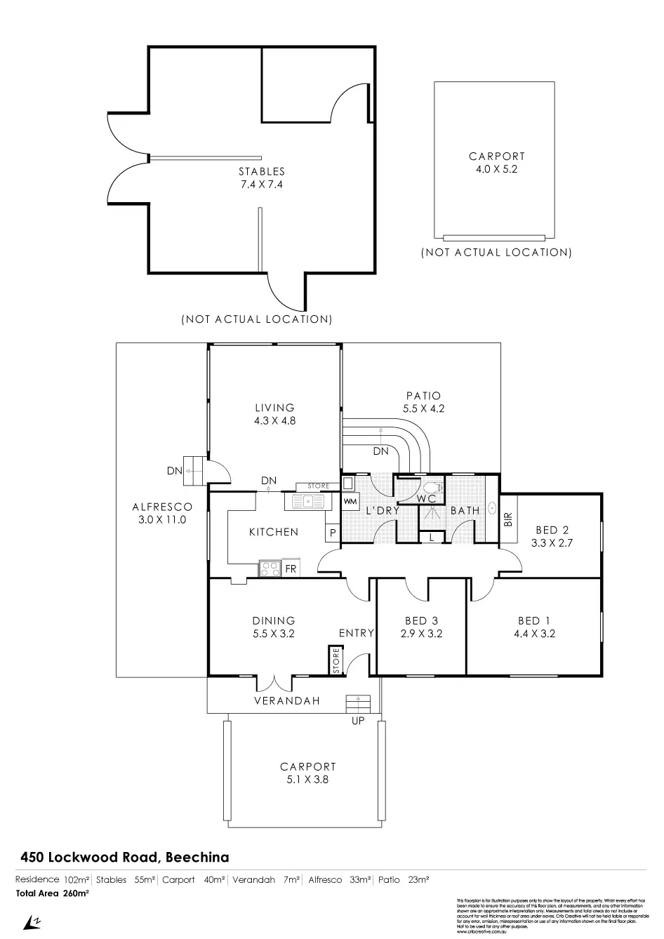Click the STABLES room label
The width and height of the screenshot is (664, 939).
(x=261, y=171)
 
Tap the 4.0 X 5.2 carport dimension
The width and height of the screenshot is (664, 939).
(x=496, y=169)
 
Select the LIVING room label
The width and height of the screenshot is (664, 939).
(x=274, y=408)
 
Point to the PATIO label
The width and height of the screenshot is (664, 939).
(x=424, y=397)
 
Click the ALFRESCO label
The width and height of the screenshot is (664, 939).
(x=162, y=507)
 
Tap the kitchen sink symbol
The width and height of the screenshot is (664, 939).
(x=307, y=501)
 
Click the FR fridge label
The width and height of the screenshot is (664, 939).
(x=291, y=568)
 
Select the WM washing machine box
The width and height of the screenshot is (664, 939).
(x=350, y=502)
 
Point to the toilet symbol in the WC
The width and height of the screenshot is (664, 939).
(x=432, y=486)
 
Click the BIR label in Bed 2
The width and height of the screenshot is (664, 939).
(x=508, y=520)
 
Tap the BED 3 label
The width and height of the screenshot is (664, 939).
(x=421, y=620)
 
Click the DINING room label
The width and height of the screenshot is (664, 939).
(x=274, y=620)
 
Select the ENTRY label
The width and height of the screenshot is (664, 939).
(x=357, y=633)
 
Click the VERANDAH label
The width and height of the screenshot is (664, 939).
(x=286, y=700)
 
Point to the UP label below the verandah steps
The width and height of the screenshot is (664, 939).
(x=358, y=721)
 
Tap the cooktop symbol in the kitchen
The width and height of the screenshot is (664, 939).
(x=270, y=568)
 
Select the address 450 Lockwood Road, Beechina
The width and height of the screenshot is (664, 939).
(x=124, y=857)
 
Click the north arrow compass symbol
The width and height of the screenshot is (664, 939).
(x=32, y=921)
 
